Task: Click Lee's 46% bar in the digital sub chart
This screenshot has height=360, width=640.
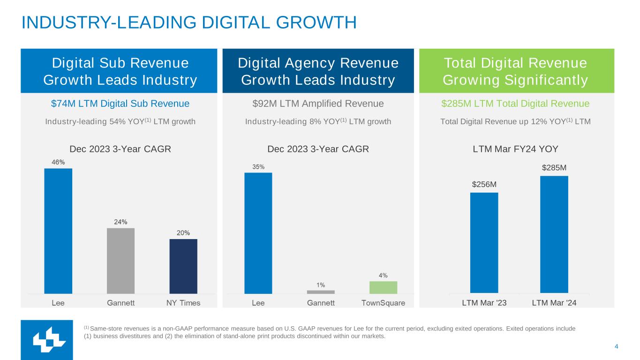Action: point(58,231)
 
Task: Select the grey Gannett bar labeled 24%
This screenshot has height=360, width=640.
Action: point(120,261)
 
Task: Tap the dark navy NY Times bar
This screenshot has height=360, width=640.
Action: point(183,266)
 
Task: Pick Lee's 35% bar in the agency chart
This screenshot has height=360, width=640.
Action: point(258,233)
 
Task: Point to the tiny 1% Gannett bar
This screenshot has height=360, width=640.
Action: point(321,292)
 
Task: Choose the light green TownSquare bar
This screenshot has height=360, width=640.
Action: point(383,287)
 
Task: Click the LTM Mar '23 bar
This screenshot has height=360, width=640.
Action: point(484,243)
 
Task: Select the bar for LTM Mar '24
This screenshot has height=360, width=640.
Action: point(554,234)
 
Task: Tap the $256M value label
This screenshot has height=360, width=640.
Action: point(484,184)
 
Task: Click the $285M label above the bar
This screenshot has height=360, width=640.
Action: point(554,167)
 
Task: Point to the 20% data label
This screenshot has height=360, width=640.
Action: point(183,232)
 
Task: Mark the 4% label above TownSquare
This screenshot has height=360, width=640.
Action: point(383,275)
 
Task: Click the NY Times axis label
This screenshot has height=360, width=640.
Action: point(183,303)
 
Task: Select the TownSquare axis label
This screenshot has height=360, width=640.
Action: point(383,303)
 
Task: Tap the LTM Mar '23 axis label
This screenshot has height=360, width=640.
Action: point(484,303)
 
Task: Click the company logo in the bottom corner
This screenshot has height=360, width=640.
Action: point(47,340)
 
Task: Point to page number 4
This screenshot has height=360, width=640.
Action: point(616,346)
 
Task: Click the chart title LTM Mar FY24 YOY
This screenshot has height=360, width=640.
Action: point(515,149)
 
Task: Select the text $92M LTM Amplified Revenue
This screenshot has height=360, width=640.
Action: point(318,104)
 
